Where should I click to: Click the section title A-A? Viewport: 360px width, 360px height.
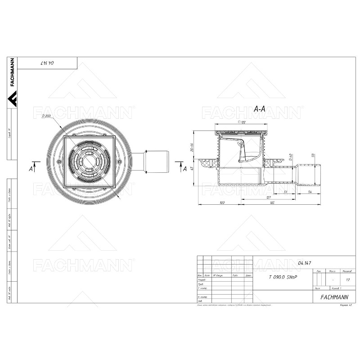point(260,109)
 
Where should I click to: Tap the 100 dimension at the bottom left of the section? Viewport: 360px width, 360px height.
point(222,203)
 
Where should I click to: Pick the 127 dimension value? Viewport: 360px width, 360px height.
point(269,197)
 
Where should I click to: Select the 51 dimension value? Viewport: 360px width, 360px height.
point(286,192)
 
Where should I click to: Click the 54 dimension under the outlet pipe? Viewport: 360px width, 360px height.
point(310,192)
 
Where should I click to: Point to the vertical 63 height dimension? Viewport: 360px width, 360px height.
point(192,169)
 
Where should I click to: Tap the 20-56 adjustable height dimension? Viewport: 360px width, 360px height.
point(192,148)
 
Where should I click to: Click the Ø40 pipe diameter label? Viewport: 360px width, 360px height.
point(291,157)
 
